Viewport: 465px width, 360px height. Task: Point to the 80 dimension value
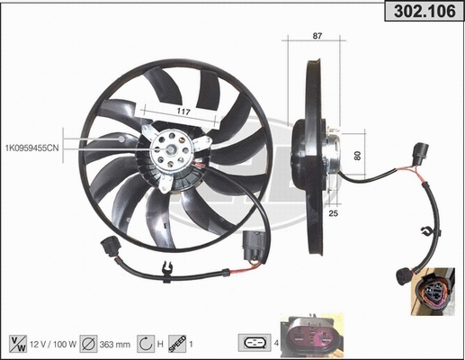(357, 156)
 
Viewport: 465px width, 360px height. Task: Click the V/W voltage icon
(17, 342)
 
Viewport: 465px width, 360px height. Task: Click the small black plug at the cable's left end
(109, 245)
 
